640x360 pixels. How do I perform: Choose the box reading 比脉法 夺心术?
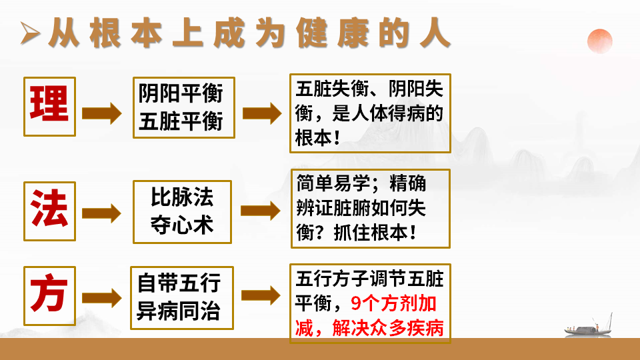click(182, 211)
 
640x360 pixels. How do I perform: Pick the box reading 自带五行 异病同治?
click(182, 297)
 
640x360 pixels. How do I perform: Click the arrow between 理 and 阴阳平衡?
click(101, 113)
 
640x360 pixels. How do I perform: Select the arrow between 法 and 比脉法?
click(101, 213)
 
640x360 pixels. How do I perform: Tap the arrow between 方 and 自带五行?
click(101, 298)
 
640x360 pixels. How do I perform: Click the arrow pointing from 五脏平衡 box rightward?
click(262, 113)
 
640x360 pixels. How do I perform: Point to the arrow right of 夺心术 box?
click(261, 212)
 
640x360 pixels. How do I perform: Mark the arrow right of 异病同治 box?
click(261, 297)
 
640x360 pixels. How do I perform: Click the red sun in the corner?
click(599, 41)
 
